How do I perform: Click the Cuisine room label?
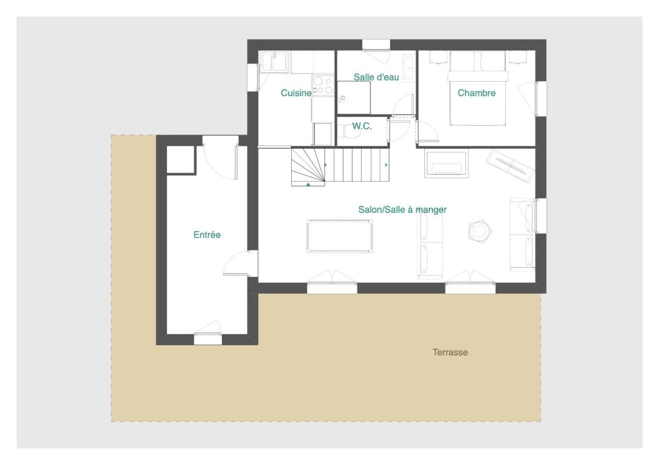coord(296,93)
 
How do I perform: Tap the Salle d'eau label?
coord(376,77)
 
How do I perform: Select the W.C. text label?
coord(362,126)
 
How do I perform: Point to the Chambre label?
coord(476,93)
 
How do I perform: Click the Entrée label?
coord(207,235)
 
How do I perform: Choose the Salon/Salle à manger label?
coord(402,210)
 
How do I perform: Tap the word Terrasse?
coord(450,352)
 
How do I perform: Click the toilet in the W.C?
coord(351,132)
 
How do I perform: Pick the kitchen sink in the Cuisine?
coord(274,62)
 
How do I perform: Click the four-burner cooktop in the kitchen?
coord(323,85)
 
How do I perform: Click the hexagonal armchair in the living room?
coord(478,231)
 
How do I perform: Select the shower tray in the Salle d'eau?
coord(354,97)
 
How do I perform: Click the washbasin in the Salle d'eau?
coord(409,68)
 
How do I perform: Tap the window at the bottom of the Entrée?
coord(208,339)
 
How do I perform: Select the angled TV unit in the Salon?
coord(510,165)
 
